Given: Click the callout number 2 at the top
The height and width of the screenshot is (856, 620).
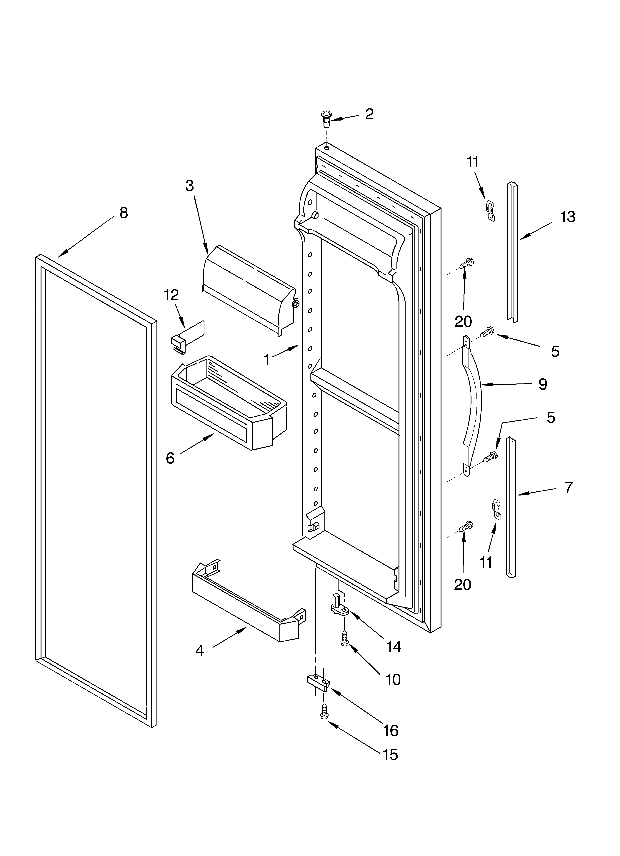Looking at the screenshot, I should click(x=369, y=114).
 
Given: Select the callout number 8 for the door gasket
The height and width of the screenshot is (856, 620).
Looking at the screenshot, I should click(x=124, y=213).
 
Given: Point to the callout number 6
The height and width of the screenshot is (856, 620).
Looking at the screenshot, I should click(x=170, y=458).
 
